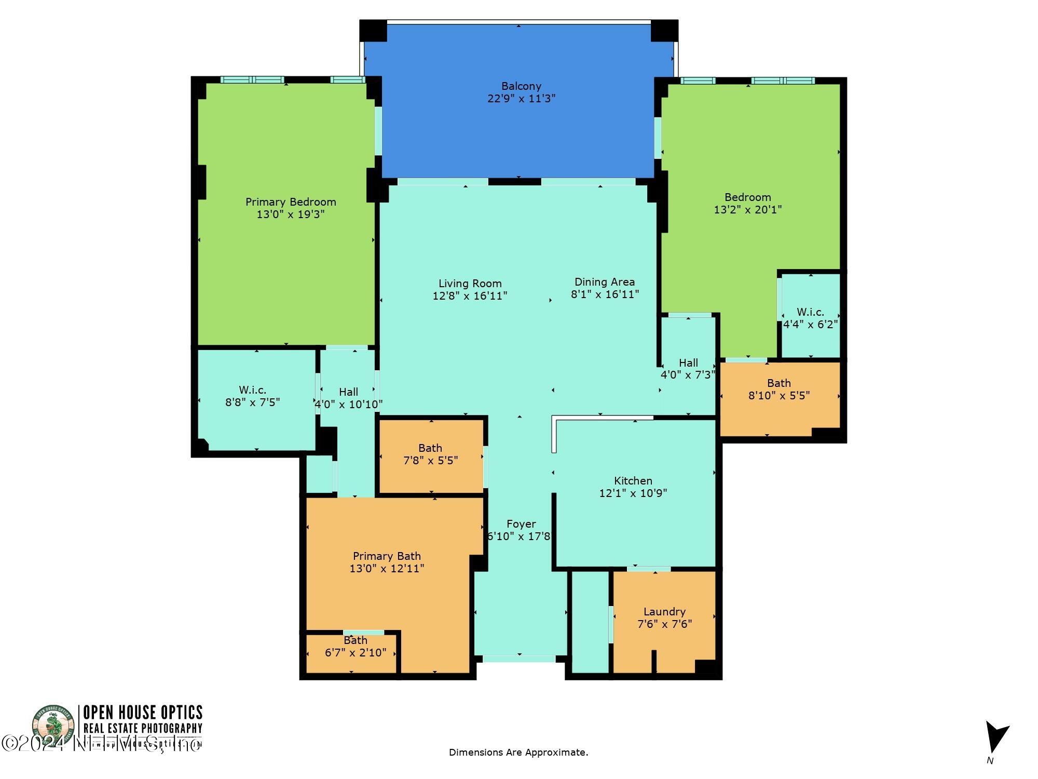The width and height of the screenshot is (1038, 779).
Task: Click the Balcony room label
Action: point(521,86)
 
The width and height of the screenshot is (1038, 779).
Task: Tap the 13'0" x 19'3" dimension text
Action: point(291,214)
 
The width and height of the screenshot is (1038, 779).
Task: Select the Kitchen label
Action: point(633,480)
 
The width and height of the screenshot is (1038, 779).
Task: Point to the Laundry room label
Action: point(664,611)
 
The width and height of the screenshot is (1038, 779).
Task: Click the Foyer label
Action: point(521,524)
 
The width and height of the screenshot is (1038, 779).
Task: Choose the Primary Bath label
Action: point(387,556)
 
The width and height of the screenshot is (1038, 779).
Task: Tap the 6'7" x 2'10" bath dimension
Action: point(356,652)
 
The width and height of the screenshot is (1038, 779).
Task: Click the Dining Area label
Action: point(604,282)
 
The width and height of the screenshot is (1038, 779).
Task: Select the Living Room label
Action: point(470,284)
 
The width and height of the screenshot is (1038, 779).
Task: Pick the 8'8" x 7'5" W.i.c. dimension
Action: point(252,402)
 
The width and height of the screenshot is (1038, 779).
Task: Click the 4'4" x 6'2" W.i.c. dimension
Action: point(810,325)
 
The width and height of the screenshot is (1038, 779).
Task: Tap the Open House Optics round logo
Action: point(53,727)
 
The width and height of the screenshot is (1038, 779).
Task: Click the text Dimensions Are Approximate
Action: point(518,752)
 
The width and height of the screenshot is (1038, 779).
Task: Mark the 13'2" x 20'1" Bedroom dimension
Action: point(747,210)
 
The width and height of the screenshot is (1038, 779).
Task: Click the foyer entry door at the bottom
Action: point(519,659)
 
